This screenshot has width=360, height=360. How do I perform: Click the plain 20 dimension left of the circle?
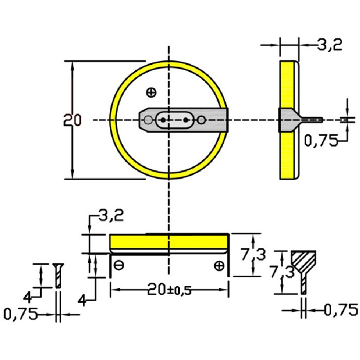[x=72, y=119]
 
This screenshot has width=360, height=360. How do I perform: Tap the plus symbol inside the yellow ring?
[x=151, y=92]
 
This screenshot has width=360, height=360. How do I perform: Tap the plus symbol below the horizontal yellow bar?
[x=220, y=265]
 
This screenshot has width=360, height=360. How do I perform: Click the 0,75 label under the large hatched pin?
[x=340, y=310]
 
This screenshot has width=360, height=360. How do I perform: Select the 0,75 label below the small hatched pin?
[x=20, y=313]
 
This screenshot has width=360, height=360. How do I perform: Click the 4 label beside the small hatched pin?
[x=28, y=296]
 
